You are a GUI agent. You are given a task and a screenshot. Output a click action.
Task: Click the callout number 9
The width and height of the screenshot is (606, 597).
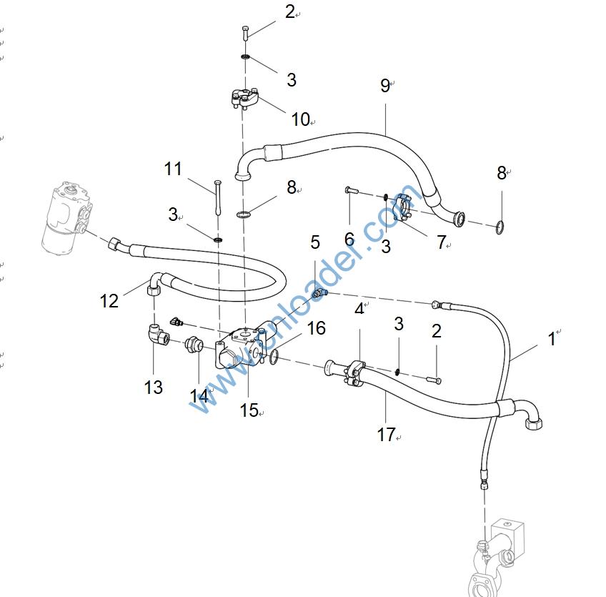click(384, 86)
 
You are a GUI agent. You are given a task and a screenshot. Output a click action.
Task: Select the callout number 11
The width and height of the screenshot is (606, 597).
click(173, 169)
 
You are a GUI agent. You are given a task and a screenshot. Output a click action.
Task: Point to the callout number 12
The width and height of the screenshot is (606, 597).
click(109, 300)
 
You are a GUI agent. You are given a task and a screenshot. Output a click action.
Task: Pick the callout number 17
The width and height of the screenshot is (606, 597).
click(386, 434)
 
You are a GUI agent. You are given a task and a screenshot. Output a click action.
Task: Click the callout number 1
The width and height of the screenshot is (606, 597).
click(551, 338)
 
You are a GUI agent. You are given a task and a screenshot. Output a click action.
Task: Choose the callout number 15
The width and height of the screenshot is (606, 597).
click(249, 410)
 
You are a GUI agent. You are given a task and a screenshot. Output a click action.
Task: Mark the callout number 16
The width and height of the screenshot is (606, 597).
click(316, 327)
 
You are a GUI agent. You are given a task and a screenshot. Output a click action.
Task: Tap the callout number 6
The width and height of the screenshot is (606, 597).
click(349, 239)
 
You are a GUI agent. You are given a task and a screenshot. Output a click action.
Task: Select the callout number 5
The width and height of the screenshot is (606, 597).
click(315, 242)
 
